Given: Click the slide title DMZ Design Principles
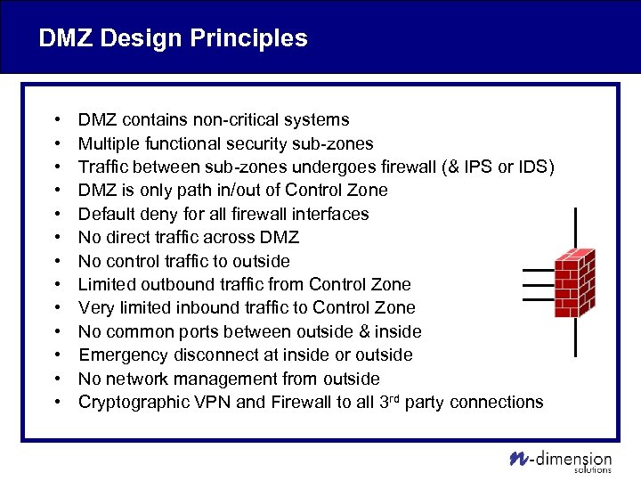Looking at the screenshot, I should tap(173, 38).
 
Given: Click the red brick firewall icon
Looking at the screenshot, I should tap(575, 282).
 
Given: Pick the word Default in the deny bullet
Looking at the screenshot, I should tap(107, 214).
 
